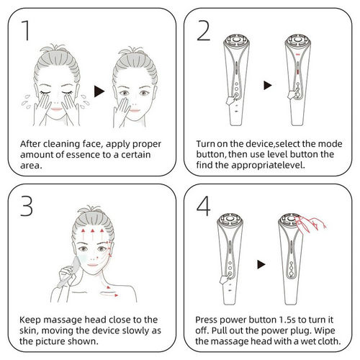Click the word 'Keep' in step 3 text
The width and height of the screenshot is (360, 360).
pos(34,318)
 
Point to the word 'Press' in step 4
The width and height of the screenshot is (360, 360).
pos(209,318)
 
